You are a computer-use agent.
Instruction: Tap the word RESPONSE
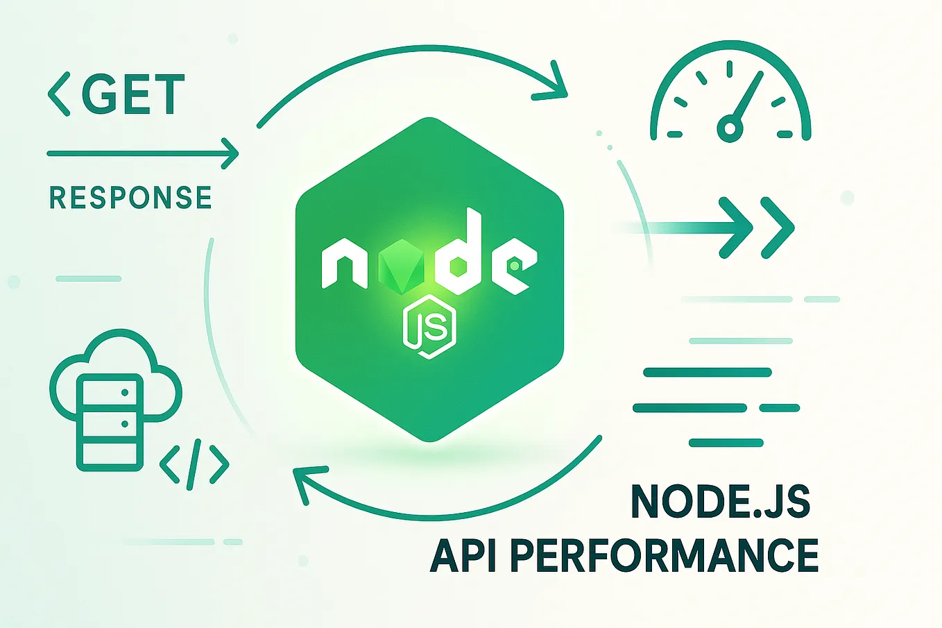[x=130, y=198]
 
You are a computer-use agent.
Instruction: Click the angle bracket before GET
[x=59, y=94]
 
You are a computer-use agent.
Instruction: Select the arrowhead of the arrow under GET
[x=229, y=153]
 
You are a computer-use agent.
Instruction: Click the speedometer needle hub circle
[x=729, y=128]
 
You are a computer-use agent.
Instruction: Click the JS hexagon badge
[x=429, y=328]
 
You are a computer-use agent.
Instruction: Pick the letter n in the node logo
[x=345, y=264]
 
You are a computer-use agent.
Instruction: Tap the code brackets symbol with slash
[x=194, y=464]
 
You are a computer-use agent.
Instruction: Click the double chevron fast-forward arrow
[x=757, y=228]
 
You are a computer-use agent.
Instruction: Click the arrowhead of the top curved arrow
[x=556, y=83]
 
